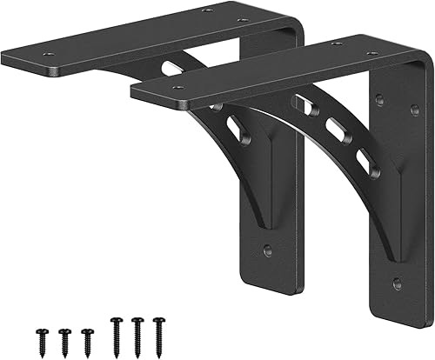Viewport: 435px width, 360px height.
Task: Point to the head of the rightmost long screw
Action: (158, 323)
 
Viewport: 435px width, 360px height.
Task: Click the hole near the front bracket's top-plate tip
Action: (177, 87)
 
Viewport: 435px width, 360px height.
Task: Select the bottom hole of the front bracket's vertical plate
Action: (397, 283)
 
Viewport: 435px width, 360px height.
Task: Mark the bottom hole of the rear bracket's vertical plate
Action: (267, 250)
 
